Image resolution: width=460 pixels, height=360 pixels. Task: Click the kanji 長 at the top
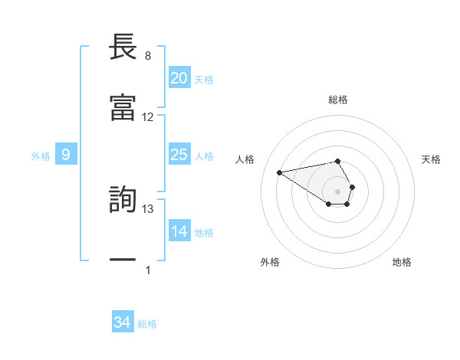point(123,47)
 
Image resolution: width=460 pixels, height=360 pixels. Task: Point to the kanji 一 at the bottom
point(123,260)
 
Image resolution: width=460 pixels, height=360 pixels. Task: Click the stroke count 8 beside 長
point(148,56)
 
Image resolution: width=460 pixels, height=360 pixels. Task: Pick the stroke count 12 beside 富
point(148,117)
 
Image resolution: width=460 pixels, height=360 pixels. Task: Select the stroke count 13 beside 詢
point(148,209)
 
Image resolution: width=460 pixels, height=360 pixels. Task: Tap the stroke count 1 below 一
point(148,270)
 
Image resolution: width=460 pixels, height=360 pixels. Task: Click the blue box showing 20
point(179,78)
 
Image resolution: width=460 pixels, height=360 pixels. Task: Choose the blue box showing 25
point(179,155)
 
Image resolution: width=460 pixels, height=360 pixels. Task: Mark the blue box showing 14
point(179,231)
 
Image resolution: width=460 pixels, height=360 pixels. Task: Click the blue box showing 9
point(66,155)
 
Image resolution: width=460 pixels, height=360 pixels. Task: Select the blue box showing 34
point(122,322)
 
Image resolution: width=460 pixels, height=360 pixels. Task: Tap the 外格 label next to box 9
point(41,156)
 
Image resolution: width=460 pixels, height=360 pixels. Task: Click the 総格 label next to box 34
point(147,324)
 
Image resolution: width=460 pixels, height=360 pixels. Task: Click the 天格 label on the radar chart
point(431,159)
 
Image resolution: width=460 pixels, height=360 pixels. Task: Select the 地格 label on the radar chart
point(402,262)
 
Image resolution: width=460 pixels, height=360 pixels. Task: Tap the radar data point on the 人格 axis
point(279,172)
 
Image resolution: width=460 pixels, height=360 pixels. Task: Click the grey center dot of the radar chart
point(337,191)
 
